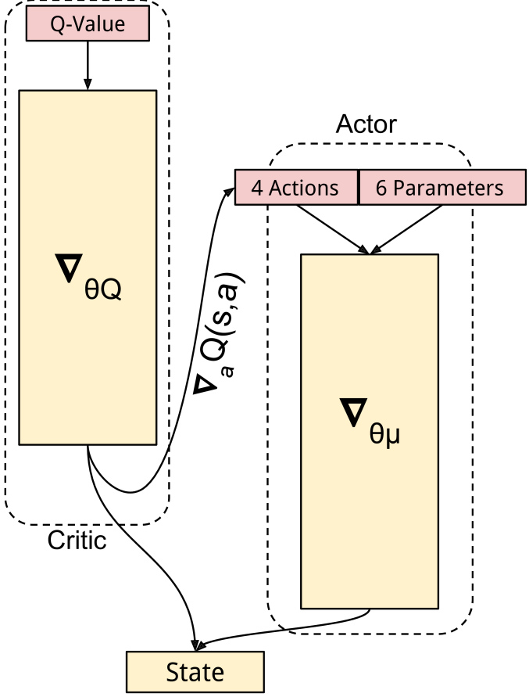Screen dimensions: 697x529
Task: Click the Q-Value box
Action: coord(88,24)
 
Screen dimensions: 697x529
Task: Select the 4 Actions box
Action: coord(295,188)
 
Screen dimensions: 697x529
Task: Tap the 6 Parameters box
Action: coord(441,188)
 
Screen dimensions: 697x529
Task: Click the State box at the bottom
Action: coord(195,672)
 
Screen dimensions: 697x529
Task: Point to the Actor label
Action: coord(366,124)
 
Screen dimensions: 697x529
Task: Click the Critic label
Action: coord(77,541)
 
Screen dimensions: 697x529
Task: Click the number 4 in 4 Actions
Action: coord(256,188)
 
